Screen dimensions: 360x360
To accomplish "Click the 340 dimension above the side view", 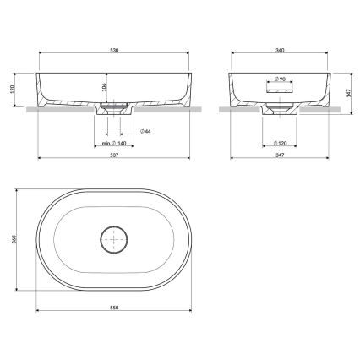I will click(x=280, y=52).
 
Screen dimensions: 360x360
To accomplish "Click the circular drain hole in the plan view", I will click(x=112, y=240).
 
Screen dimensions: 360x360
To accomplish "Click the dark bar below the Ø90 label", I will click(x=280, y=86).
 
